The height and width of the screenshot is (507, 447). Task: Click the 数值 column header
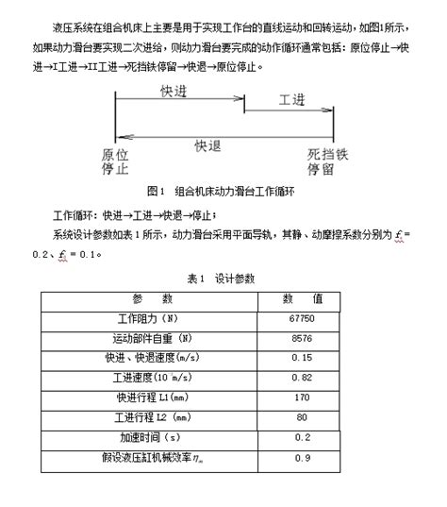pos(303,298)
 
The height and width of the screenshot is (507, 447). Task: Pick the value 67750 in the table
pos(303,318)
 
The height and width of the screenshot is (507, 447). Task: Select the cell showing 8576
pos(303,338)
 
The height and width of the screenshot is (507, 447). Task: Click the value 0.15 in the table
pos(303,358)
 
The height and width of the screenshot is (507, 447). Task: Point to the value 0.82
pos(303,378)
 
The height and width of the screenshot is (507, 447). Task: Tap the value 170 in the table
pos(303,397)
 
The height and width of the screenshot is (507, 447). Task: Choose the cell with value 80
pos(303,416)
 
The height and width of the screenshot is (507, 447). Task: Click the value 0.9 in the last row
pos(303,458)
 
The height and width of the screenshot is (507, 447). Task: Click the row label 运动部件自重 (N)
pos(152,338)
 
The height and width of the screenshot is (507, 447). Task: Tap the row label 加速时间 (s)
pos(152,438)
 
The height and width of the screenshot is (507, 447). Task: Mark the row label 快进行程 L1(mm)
pos(153,397)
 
